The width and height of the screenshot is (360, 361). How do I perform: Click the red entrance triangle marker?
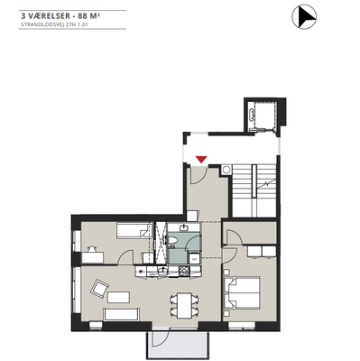coord(200,160)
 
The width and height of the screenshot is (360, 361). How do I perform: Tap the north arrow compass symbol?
coord(304,17)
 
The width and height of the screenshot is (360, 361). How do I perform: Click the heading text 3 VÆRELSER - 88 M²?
coord(60,15)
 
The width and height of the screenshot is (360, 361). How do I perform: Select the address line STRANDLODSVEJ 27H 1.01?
coord(54,25)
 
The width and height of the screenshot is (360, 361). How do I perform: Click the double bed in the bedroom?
coord(241,292)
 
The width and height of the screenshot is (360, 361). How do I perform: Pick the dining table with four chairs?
coord(184,305)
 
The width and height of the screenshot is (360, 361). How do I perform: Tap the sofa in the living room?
coord(121,314)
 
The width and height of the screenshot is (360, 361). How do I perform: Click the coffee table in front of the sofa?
coord(118,297)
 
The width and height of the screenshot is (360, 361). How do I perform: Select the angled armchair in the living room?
coord(99,289)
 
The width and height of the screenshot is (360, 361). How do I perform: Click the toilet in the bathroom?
coord(171,240)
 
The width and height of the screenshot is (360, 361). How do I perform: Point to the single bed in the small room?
coord(134,231)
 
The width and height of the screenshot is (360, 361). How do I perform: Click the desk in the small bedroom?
coord(93,257)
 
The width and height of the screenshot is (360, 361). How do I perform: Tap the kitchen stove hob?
coord(184,272)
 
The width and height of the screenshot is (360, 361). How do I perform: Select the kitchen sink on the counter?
coord(162,272)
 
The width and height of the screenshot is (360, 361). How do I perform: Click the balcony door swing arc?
coord(161,339)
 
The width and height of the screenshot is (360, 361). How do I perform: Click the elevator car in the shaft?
coord(262,115)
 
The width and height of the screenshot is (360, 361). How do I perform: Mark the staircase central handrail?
coord(254,180)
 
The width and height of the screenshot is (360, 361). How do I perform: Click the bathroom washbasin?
coord(184,228)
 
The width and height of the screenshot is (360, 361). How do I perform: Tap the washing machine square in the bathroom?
coord(194,258)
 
